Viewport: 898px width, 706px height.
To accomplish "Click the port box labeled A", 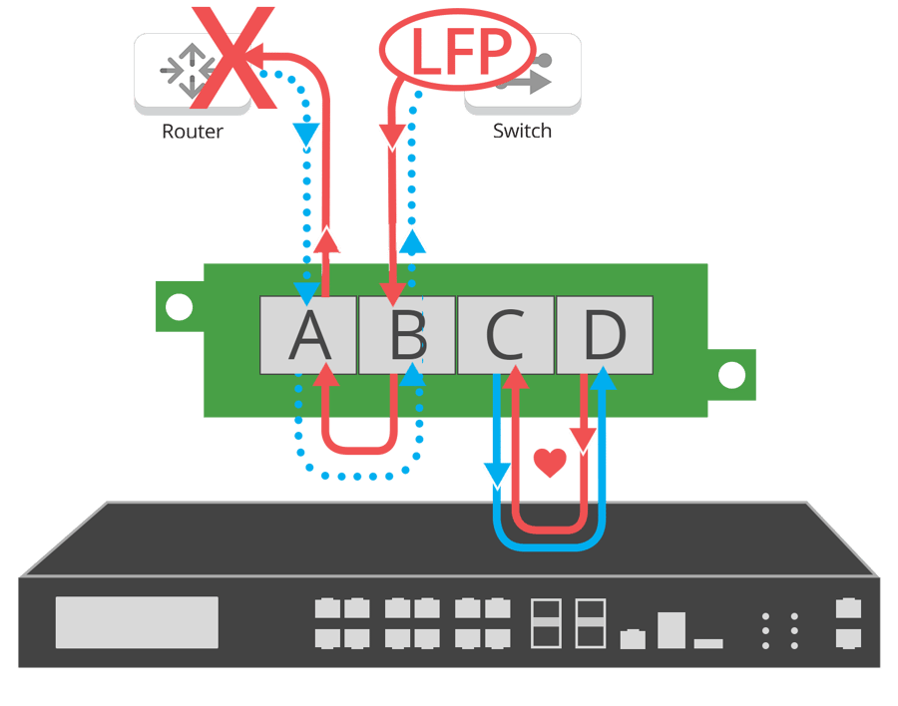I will click(x=308, y=335).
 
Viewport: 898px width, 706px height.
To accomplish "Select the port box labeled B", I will click(x=407, y=335).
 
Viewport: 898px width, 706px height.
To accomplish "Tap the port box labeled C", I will click(x=505, y=335).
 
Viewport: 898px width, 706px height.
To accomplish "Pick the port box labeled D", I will click(x=604, y=335).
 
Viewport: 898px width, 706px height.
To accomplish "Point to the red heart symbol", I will click(x=549, y=462).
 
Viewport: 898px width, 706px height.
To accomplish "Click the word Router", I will click(x=193, y=131).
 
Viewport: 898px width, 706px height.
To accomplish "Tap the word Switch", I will click(x=522, y=131).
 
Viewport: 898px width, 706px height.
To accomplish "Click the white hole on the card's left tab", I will click(x=179, y=307).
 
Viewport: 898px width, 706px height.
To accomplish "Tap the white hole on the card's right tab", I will click(x=731, y=376).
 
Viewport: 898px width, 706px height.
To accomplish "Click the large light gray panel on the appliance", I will click(x=137, y=622).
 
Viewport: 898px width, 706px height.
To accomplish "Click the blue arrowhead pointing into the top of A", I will click(x=307, y=290).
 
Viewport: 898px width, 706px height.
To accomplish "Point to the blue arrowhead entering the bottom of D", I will click(x=603, y=378).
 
